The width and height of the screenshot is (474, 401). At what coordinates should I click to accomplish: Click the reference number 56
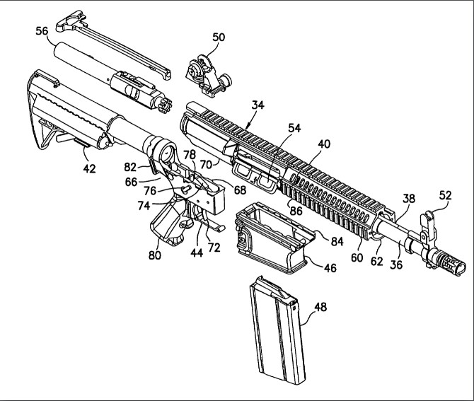coord(42,31)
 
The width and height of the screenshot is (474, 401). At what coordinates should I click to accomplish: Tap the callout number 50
coord(219,37)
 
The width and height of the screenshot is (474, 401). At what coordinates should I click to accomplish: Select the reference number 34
coord(258,105)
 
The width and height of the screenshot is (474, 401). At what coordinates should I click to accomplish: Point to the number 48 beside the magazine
coord(320,307)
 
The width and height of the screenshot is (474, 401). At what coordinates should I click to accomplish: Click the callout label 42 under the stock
coord(89,168)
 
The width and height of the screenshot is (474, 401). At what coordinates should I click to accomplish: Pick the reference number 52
coord(445,195)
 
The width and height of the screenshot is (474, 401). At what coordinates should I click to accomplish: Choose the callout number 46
coord(330,268)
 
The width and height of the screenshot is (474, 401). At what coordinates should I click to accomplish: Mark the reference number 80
coord(155,255)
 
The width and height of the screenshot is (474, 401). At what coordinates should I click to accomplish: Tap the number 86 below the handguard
coord(296,211)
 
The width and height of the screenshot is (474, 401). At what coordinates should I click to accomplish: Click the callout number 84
coord(337,241)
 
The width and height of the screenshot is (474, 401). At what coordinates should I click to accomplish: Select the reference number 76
coord(150,191)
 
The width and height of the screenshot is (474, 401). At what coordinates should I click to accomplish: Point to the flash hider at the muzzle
coord(449,264)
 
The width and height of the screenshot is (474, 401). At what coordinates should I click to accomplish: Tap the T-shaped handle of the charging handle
coord(70,22)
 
